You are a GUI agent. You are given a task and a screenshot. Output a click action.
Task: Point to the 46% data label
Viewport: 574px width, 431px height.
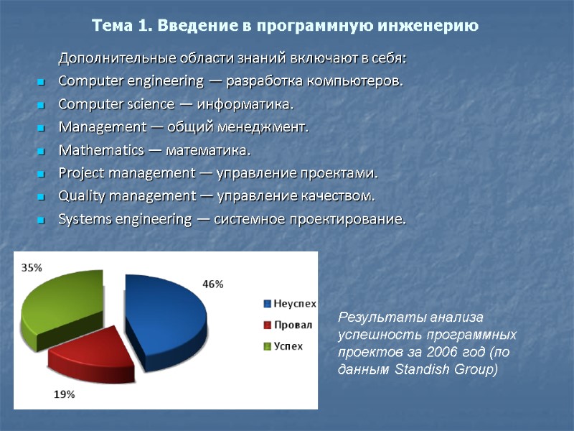click(212, 284)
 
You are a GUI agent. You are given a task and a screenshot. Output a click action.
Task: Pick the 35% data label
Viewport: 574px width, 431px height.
click(31, 267)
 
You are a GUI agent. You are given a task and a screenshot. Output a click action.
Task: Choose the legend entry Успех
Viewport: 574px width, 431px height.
click(289, 346)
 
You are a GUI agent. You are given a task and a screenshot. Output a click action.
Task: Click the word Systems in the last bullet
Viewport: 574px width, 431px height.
click(80, 219)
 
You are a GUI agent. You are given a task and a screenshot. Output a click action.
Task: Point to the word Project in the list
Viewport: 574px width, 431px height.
click(77, 173)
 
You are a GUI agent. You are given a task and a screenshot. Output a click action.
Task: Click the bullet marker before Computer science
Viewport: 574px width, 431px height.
click(41, 106)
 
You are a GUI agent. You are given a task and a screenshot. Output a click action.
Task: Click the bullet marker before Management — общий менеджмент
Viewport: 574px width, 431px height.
click(41, 129)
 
